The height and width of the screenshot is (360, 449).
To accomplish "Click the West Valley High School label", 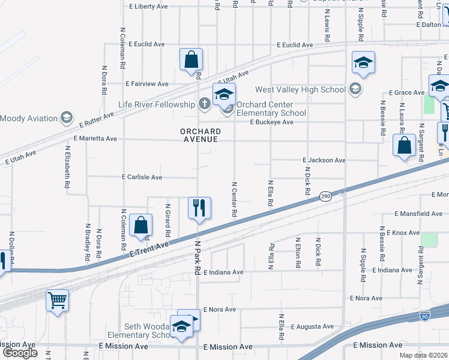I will [x=300, y=90].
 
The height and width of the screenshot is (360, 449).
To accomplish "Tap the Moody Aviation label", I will [x=28, y=118].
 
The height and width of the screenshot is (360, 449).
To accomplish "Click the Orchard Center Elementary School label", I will [x=271, y=109].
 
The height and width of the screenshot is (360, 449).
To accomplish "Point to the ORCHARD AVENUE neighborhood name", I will [x=200, y=136].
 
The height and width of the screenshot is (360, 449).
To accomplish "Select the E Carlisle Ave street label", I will [x=142, y=178].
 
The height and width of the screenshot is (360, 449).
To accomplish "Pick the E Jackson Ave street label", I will [x=324, y=161].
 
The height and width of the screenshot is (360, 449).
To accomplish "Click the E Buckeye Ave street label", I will [x=272, y=122].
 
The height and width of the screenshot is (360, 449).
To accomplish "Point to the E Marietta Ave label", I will [x=95, y=138].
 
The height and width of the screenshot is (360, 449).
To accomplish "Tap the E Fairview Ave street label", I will [x=146, y=84].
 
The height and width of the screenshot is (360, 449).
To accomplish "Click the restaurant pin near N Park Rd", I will [x=199, y=208].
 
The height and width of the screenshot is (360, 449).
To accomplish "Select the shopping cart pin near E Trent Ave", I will [x=57, y=299].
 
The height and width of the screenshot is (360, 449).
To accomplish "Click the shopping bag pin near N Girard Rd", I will [x=140, y=226].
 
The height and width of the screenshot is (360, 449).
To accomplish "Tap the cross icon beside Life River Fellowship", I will [x=204, y=104].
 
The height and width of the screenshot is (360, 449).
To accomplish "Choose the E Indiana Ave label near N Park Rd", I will [x=223, y=272].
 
